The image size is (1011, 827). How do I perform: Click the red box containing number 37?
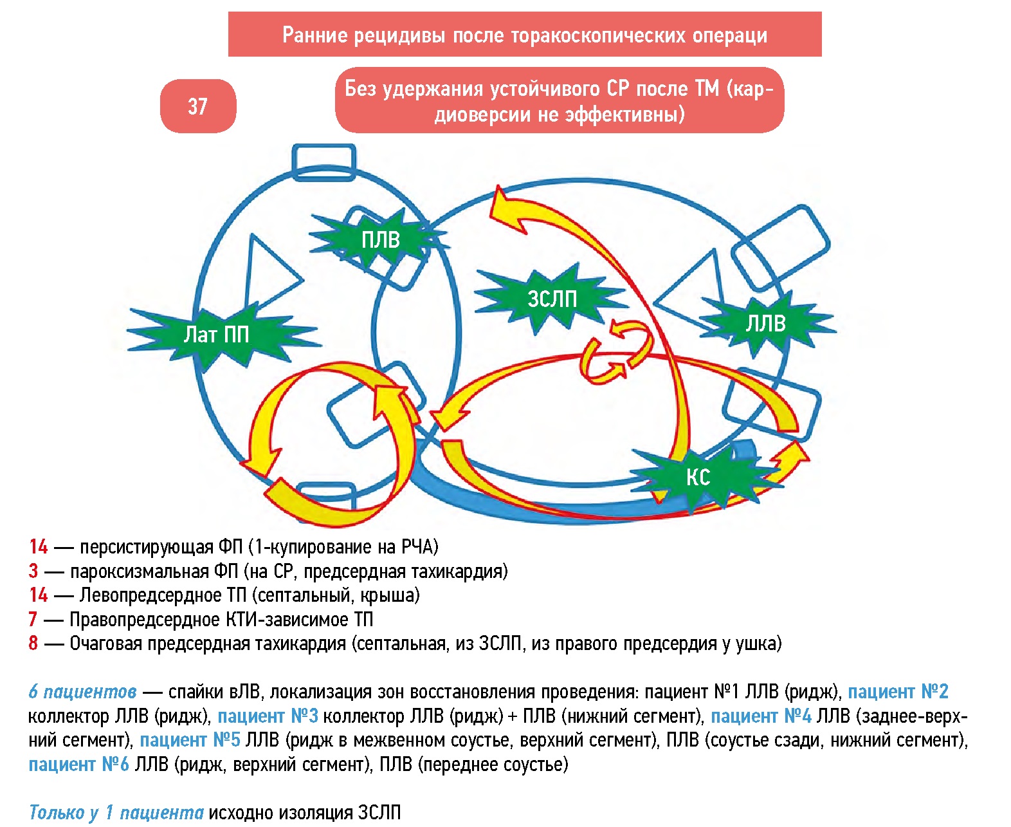tap(197, 106)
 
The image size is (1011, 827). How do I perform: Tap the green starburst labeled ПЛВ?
tap(379, 240)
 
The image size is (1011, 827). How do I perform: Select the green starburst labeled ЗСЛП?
tap(552, 298)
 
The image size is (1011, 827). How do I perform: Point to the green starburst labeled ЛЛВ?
tap(765, 322)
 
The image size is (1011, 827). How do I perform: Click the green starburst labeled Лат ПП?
tap(217, 335)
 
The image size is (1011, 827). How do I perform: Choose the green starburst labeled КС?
tap(698, 477)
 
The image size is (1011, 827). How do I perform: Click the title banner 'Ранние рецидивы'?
tap(525, 35)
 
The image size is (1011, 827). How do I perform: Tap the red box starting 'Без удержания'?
tap(559, 100)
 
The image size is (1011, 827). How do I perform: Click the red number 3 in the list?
tap(33, 571)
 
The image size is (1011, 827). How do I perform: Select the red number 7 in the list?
tap(33, 619)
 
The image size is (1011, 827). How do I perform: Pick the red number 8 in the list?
tap(33, 643)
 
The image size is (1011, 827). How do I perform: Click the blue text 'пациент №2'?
tap(898, 692)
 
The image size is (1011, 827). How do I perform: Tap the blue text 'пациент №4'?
tap(761, 716)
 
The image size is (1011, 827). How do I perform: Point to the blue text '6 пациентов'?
tap(82, 692)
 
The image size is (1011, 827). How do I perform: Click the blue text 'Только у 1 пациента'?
tap(116, 812)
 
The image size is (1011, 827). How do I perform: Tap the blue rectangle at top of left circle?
tap(323, 161)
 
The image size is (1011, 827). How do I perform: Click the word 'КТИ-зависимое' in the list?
tap(286, 619)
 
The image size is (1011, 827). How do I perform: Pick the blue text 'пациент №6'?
tap(78, 764)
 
